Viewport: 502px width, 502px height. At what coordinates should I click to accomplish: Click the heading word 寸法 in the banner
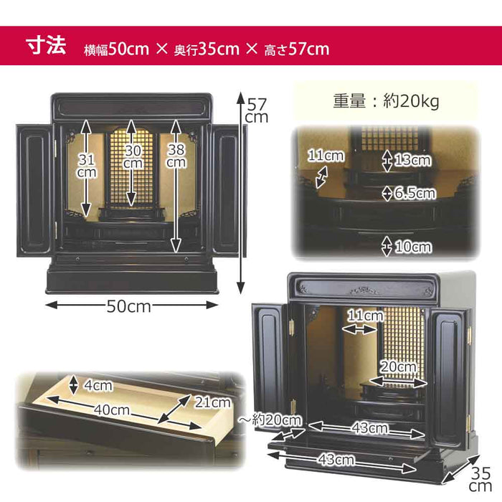tap(47, 47)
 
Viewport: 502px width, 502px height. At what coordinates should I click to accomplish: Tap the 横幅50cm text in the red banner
tap(115, 49)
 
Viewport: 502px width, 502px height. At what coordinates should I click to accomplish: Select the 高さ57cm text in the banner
tap(298, 49)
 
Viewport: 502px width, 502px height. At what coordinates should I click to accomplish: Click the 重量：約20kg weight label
tap(385, 101)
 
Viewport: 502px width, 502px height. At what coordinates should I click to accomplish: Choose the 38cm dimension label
tap(176, 156)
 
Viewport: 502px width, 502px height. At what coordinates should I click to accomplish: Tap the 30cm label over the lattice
tap(131, 157)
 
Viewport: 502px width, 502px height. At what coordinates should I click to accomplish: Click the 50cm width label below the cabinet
tap(129, 306)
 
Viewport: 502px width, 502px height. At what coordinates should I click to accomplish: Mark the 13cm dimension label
tap(412, 161)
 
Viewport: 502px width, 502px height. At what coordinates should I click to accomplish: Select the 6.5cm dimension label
tap(415, 193)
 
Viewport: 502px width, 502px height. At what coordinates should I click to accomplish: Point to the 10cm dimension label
tap(413, 247)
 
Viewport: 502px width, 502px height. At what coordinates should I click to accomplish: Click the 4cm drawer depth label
tap(98, 386)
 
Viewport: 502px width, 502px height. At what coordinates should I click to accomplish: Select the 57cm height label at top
tap(256, 109)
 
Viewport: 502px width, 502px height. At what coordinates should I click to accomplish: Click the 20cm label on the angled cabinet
tap(397, 367)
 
